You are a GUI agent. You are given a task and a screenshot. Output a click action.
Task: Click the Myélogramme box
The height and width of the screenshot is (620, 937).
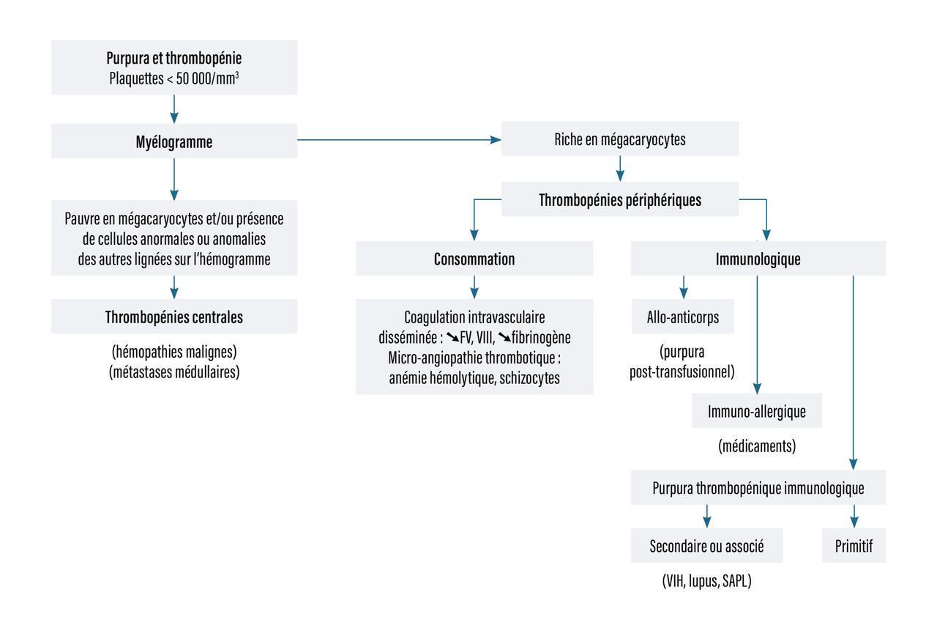(174, 142)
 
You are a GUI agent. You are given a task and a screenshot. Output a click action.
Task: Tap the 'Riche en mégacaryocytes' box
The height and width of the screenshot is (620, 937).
(620, 139)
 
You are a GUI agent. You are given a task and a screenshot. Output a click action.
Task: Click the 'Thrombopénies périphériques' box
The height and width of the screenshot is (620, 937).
(620, 199)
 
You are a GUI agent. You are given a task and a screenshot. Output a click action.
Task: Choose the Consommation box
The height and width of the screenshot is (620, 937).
(474, 259)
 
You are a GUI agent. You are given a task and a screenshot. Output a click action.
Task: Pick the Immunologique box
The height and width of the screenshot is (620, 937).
(758, 259)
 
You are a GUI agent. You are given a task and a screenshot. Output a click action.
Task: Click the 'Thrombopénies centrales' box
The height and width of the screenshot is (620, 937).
(174, 317)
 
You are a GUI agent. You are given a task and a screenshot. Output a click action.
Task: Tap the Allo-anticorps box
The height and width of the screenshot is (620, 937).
(682, 317)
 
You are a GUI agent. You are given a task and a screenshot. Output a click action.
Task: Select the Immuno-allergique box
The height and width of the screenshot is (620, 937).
(757, 411)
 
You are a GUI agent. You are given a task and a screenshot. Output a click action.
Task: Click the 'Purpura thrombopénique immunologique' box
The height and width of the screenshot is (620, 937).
(758, 488)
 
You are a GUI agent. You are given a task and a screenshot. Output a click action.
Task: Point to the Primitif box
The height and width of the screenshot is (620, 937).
(854, 546)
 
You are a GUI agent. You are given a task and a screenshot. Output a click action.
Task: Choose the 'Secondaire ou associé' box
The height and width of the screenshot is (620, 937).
(706, 546)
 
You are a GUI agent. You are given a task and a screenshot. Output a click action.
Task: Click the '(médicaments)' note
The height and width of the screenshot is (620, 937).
(757, 445)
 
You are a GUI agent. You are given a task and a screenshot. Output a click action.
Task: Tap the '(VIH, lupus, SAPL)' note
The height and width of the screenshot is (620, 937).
(706, 582)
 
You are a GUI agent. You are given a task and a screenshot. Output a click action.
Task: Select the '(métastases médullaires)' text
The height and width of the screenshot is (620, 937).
(174, 372)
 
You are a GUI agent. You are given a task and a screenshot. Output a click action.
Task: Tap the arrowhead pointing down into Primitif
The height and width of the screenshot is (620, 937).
(854, 522)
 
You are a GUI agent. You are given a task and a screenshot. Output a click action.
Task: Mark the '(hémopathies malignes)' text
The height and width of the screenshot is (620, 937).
(174, 351)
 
